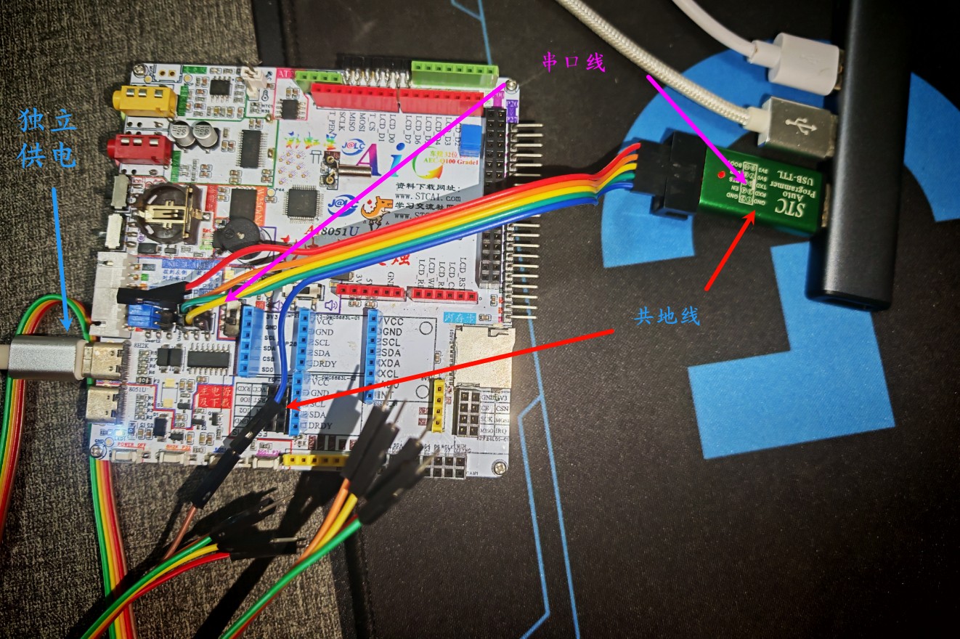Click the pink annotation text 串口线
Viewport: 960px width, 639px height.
click(574, 63)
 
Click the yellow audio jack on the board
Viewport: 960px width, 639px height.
click(144, 100)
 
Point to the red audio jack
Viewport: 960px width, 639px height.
click(139, 149)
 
